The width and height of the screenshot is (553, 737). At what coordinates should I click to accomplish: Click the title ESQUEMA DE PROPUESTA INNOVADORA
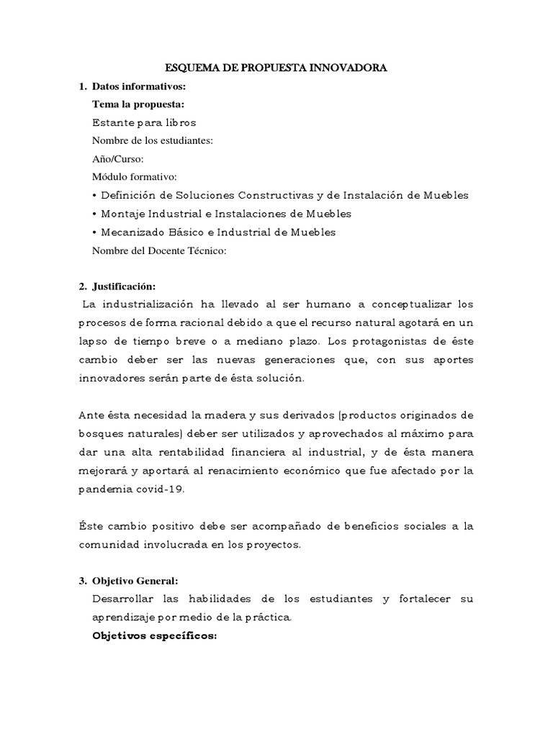click(276, 68)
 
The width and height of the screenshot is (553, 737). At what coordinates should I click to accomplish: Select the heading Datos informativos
click(139, 86)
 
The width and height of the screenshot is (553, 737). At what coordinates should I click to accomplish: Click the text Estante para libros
click(144, 122)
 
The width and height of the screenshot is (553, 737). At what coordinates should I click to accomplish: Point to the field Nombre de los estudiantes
click(153, 140)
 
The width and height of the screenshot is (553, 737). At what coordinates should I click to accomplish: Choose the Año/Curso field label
click(118, 158)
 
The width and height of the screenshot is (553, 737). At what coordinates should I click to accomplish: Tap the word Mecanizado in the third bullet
click(132, 232)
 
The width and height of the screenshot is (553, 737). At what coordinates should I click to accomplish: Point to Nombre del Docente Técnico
click(159, 250)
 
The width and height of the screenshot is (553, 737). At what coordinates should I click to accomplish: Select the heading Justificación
click(124, 286)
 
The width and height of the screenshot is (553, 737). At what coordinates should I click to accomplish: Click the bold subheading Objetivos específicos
click(154, 636)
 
